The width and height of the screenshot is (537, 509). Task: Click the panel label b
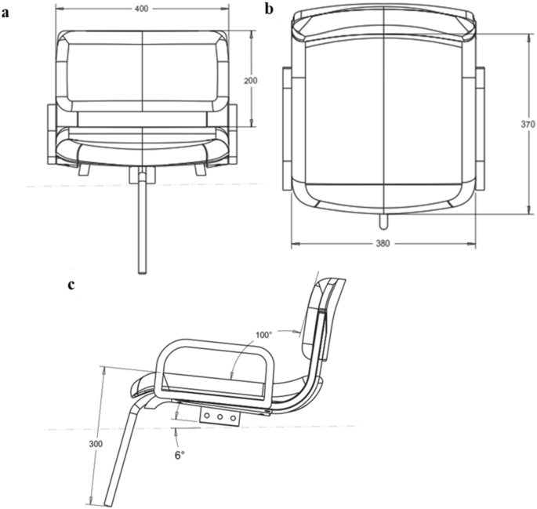tap(270, 9)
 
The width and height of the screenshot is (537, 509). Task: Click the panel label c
tap(71, 285)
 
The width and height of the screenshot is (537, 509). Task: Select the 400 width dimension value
tap(143, 8)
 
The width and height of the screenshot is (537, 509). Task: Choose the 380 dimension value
tap(383, 243)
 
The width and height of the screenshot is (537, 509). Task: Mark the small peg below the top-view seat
tap(383, 215)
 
